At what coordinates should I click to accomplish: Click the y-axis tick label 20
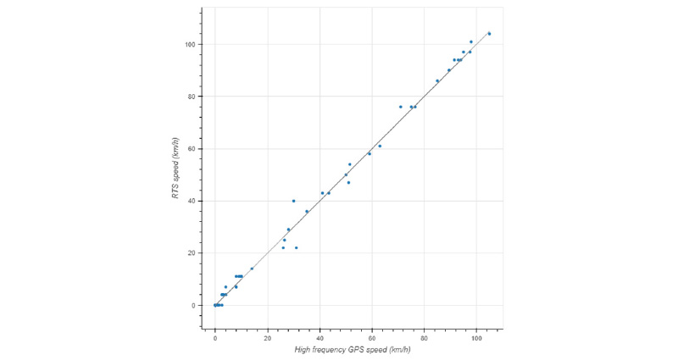coord(192,253)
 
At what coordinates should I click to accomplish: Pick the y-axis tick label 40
coord(192,201)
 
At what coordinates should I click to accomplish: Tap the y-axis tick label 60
coord(192,149)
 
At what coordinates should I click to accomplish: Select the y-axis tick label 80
coord(192,97)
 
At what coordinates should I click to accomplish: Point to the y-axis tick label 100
coord(191,44)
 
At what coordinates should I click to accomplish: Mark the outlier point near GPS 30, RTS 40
coord(294,201)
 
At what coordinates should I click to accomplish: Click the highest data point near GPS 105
coord(489,34)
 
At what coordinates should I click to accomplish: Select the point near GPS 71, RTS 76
coord(401,107)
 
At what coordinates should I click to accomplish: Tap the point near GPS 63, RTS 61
coord(380,146)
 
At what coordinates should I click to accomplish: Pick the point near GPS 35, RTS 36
coord(307,212)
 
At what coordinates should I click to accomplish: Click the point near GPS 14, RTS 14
coord(252,269)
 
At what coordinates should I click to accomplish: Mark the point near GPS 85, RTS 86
coord(437,80)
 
